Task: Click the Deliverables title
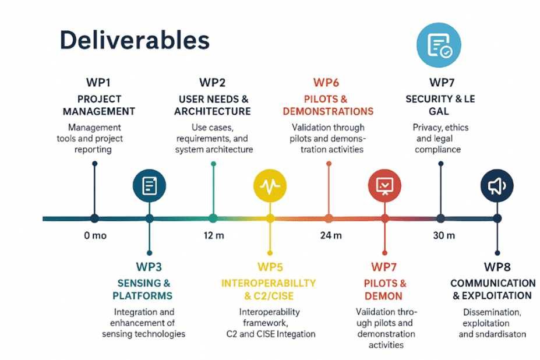tap(135, 40)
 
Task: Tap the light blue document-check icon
tap(439, 45)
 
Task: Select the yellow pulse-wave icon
tap(270, 186)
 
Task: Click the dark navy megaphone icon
tap(497, 186)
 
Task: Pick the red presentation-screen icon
tap(384, 186)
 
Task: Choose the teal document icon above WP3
tap(149, 186)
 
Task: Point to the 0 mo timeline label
tap(95, 236)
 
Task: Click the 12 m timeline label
tap(214, 236)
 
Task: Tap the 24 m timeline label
tap(331, 236)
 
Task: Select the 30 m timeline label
tap(444, 236)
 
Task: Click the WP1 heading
tap(98, 83)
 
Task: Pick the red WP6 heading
tap(326, 83)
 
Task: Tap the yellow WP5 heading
tap(270, 267)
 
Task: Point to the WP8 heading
tap(497, 267)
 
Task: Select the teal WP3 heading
tap(149, 267)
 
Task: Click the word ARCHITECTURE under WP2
tap(213, 111)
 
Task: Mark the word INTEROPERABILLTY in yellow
tap(269, 283)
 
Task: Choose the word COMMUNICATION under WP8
tap(493, 283)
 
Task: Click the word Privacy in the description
tap(426, 128)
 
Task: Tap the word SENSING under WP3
tap(139, 283)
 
